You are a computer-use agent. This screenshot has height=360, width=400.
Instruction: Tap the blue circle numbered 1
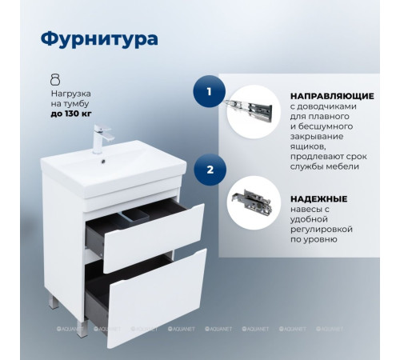tap(209, 91)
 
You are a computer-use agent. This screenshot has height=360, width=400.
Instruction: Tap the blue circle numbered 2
tap(209, 170)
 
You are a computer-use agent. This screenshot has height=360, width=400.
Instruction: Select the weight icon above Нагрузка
tap(55, 78)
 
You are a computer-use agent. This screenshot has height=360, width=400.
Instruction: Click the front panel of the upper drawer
tap(160, 236)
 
